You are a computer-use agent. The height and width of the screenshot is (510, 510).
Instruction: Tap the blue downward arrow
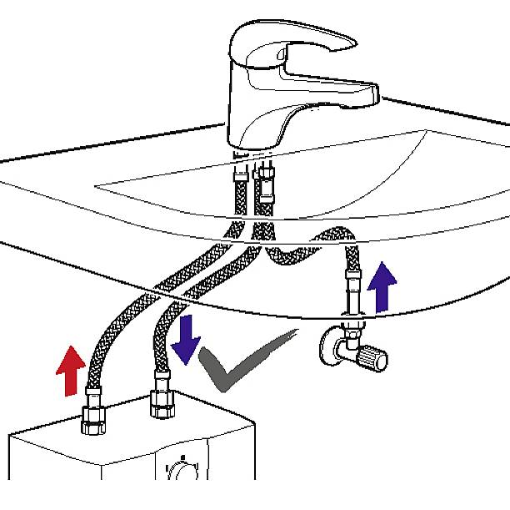point(186,335)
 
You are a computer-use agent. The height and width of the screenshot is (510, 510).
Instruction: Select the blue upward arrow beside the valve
point(382,286)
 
